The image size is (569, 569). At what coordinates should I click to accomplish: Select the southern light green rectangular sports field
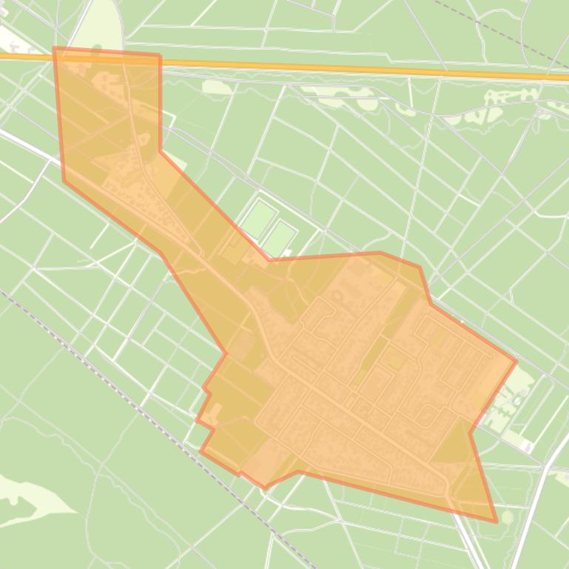280,237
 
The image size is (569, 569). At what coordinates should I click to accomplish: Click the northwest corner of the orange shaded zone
54,49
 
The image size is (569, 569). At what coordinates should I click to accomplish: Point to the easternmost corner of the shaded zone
515,361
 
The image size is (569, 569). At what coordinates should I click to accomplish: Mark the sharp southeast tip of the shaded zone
496,521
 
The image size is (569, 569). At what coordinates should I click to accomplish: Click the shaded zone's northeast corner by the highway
159,55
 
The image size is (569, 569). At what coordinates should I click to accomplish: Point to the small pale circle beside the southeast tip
507,517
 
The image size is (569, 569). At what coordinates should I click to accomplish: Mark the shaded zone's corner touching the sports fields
269,259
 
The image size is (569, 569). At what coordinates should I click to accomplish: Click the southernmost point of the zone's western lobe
265,488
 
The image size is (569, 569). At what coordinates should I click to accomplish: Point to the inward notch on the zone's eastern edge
471,432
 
